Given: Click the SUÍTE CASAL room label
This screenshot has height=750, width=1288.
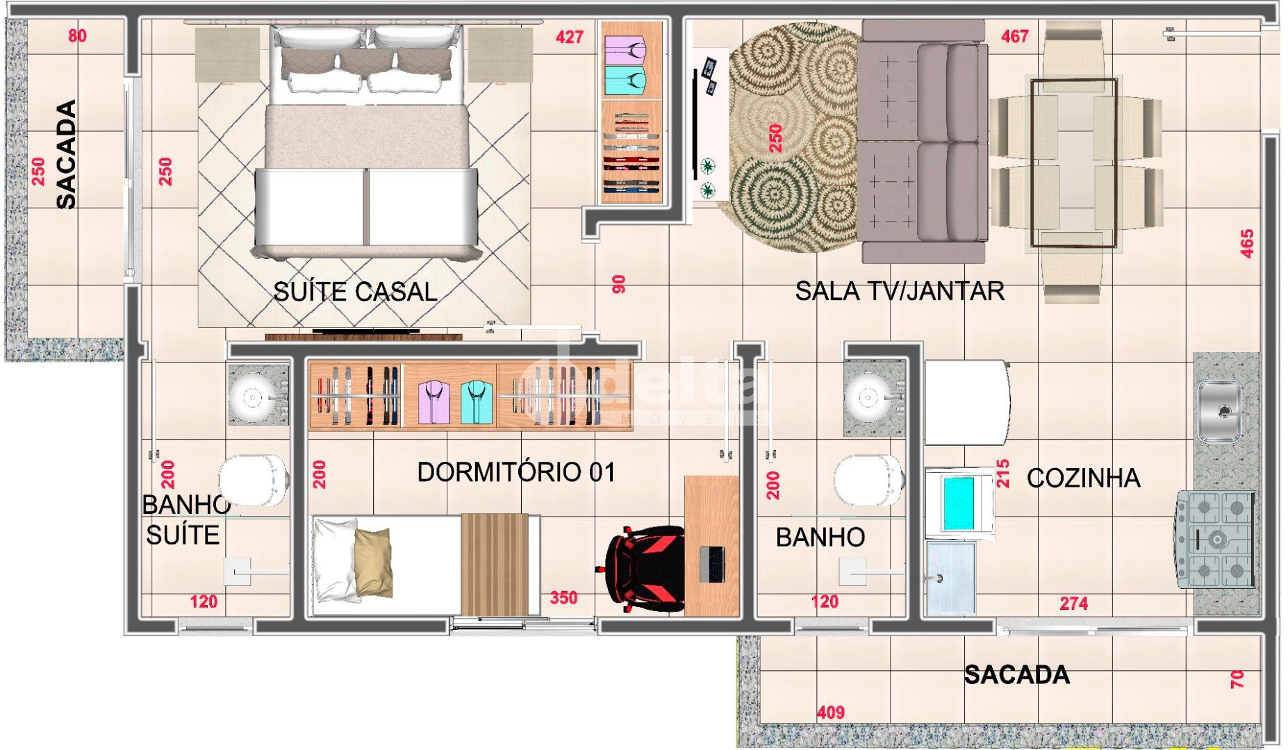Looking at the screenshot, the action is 355,292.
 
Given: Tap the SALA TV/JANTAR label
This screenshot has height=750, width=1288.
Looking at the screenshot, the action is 900,291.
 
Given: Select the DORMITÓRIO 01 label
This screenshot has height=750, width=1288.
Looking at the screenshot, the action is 516,473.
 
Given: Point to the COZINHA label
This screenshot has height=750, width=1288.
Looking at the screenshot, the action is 1083,478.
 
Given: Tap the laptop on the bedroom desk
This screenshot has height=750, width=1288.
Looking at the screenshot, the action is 712,565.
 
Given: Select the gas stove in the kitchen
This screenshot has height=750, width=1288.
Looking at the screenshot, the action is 1215,540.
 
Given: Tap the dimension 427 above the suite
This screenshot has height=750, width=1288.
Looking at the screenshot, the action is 570,37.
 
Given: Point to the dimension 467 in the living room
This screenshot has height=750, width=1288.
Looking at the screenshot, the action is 1014,37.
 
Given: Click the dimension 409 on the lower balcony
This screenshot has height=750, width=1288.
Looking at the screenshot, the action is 831,712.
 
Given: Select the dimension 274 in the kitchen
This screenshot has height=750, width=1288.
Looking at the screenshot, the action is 1073,603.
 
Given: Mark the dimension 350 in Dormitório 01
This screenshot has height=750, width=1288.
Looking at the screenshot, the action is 563,598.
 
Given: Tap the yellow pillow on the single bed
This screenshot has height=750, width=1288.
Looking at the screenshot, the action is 373,560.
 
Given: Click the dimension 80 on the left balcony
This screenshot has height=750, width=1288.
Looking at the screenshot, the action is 77,36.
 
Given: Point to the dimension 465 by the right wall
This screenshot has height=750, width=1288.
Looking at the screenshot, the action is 1247,244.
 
